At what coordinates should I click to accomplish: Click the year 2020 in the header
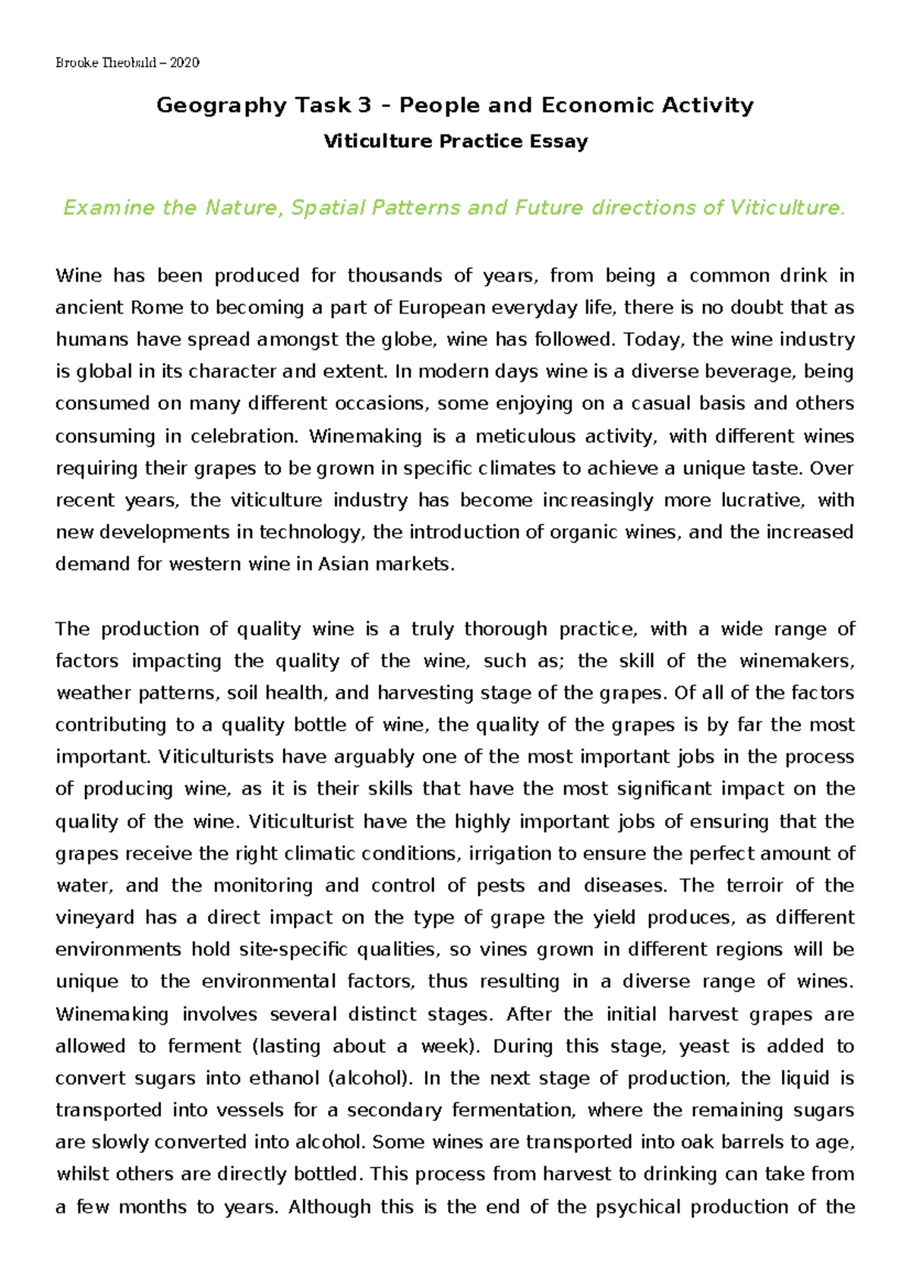point(184,63)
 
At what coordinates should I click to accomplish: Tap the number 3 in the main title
point(364,105)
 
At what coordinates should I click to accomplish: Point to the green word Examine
point(109,208)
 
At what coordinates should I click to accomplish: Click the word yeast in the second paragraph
point(704,1046)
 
